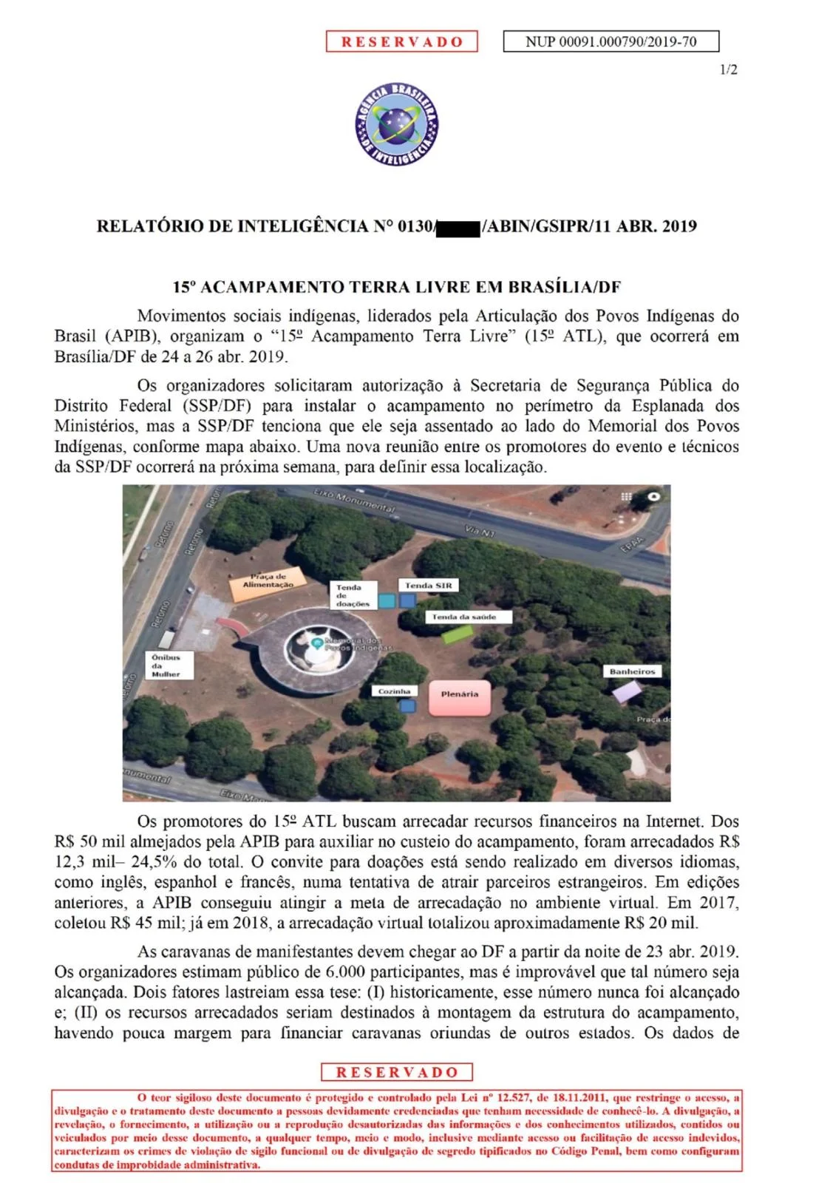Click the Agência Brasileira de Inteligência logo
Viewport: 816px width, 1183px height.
point(397,124)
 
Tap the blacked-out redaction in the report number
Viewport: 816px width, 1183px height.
point(458,226)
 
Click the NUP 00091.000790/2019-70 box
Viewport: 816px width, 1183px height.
point(611,41)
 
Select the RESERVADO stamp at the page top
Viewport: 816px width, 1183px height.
point(402,41)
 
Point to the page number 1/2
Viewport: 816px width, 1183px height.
point(728,70)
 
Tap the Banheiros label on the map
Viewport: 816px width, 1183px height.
point(632,671)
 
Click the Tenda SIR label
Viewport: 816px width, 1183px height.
point(427,586)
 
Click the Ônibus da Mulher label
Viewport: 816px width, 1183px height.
point(169,665)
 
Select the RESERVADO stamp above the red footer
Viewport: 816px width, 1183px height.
point(397,1072)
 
